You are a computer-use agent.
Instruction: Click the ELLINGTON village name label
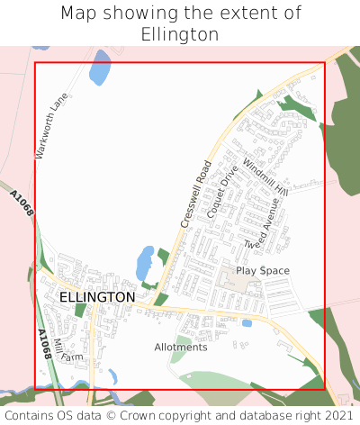point(97,296)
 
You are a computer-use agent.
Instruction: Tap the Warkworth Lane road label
point(52,126)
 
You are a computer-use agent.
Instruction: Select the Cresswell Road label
point(195,194)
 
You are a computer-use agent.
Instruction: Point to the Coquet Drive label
point(222,191)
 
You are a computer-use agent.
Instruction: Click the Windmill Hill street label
point(265,178)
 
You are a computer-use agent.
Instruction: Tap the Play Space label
point(263,270)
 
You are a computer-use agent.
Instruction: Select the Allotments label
point(181,347)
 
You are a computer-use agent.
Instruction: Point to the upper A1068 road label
point(22,203)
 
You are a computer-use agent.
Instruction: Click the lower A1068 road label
point(44,344)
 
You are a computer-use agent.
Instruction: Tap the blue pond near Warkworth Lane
point(100,68)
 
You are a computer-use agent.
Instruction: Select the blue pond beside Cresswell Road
point(144,264)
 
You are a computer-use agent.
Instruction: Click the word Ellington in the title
point(180,34)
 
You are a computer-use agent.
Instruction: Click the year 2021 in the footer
point(337,416)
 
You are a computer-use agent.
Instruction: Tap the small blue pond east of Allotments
point(247,322)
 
